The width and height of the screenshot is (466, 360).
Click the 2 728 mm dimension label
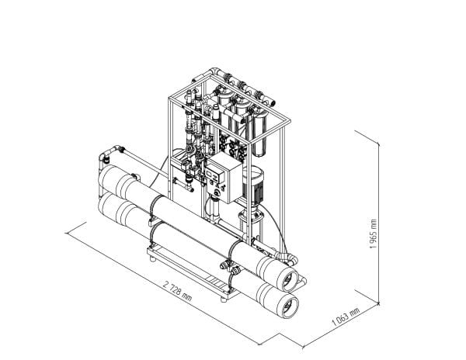[x=177, y=291]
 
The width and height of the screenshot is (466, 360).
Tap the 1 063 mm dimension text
[x=346, y=317]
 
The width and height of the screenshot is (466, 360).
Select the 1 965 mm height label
[x=373, y=234]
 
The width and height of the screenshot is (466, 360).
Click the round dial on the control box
[x=217, y=193]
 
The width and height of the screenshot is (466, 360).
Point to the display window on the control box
[x=213, y=175]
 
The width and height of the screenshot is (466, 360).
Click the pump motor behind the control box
[x=253, y=184]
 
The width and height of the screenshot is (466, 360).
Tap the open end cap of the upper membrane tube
[x=289, y=281]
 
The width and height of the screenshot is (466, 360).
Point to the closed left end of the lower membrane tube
[x=108, y=206]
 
